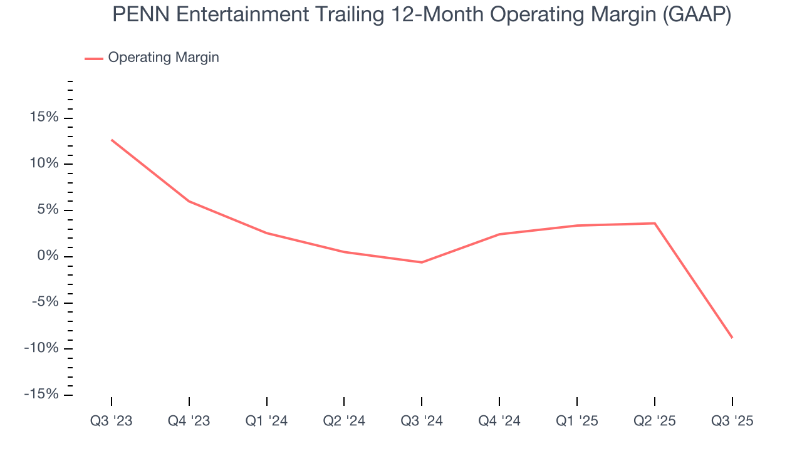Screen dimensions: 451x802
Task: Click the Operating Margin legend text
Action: pyautogui.click(x=164, y=58)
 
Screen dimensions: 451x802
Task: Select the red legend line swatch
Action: pyautogui.click(x=94, y=58)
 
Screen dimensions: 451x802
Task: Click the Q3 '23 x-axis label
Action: pyautogui.click(x=112, y=422)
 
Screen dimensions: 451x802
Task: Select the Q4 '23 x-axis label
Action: pyautogui.click(x=189, y=422)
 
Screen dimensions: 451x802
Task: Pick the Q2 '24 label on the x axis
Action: pyautogui.click(x=344, y=422)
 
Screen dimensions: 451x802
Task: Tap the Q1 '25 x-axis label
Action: pyautogui.click(x=577, y=422)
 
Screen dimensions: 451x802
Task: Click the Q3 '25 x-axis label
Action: pyautogui.click(x=732, y=422)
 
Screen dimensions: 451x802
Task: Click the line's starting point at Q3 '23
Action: pyautogui.click(x=112, y=140)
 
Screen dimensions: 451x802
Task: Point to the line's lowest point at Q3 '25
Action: pyautogui.click(x=732, y=338)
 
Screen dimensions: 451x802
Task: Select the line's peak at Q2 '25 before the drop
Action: pyautogui.click(x=655, y=223)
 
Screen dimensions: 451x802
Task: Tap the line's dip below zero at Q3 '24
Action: pyautogui.click(x=422, y=262)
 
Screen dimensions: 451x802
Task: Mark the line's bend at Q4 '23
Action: pyautogui.click(x=189, y=201)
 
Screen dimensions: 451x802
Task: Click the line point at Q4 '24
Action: pyautogui.click(x=499, y=234)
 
